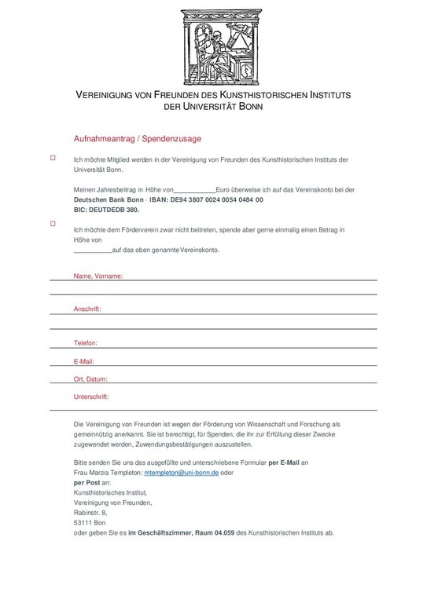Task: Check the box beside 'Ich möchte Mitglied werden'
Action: pos(53,159)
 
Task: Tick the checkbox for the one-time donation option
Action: pos(53,224)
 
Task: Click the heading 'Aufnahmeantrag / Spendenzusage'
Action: pos(138,139)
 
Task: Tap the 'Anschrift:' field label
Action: pos(87,309)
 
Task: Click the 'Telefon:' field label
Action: pos(85,344)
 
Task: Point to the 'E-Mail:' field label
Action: pos(84,361)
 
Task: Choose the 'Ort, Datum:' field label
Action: pos(90,378)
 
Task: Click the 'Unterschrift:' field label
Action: pos(91,397)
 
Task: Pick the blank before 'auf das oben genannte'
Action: pos(92,251)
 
